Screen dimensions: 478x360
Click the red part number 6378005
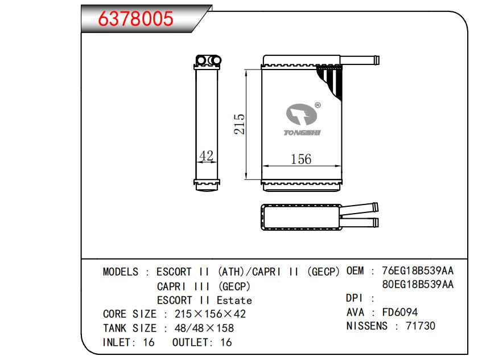tap(135, 18)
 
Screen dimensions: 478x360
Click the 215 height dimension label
tap(240, 124)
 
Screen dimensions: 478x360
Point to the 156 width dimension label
tap(301, 159)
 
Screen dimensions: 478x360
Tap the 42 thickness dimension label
tap(207, 156)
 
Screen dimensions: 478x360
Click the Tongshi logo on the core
tap(302, 119)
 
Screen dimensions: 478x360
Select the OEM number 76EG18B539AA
tap(418, 271)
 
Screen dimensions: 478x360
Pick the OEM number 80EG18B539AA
tap(418, 284)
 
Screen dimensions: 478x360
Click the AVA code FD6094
tap(399, 312)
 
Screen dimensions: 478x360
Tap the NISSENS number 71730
tap(421, 326)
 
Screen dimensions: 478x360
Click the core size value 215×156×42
tap(210, 314)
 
